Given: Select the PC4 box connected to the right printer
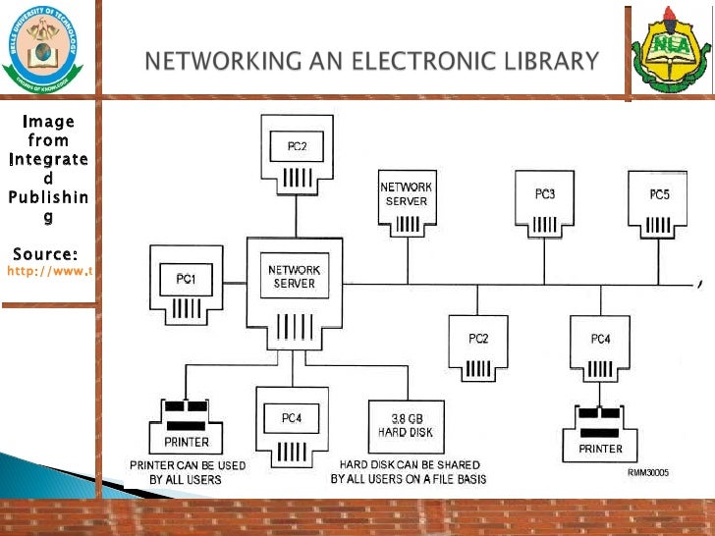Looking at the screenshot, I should (600, 349).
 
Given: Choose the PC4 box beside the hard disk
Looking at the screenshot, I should (292, 428).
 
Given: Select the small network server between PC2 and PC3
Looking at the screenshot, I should (406, 204).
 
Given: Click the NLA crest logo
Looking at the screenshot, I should (668, 49).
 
